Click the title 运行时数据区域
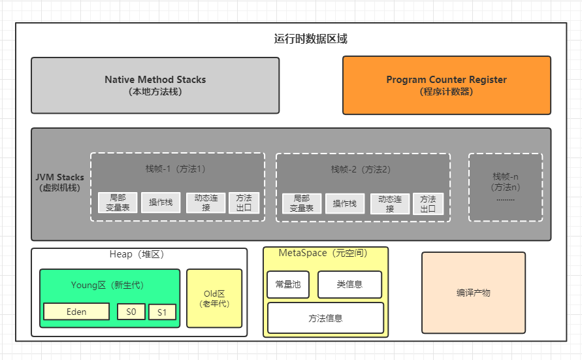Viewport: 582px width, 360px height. click(x=310, y=39)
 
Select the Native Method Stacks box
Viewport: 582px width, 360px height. click(x=155, y=85)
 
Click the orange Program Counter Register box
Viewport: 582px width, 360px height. click(x=446, y=85)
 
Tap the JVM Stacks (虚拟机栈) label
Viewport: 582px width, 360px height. click(x=59, y=182)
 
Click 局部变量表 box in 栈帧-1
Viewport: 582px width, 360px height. click(x=118, y=203)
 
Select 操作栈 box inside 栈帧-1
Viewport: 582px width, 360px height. click(x=161, y=203)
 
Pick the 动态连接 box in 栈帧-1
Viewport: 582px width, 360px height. click(x=206, y=203)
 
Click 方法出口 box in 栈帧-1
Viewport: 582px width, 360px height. click(x=244, y=203)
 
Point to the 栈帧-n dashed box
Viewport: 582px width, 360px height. click(x=505, y=187)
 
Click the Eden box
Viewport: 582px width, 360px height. click(x=76, y=312)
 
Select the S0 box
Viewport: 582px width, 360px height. click(x=131, y=312)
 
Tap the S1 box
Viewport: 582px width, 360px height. click(x=162, y=312)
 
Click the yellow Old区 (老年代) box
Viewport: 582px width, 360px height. click(x=214, y=298)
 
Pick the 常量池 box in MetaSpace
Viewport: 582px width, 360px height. click(x=288, y=284)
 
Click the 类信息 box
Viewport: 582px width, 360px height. click(x=349, y=284)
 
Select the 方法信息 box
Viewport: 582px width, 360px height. click(x=325, y=318)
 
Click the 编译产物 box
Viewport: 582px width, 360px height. click(x=473, y=293)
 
